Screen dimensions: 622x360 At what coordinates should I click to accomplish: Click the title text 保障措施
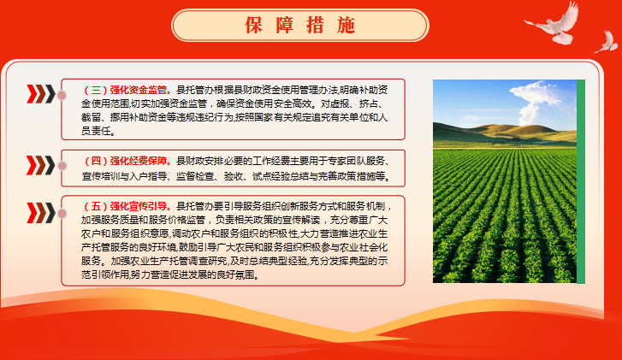click(300, 26)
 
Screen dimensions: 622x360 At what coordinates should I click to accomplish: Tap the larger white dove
click(554, 24)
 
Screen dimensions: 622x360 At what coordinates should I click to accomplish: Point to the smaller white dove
click(607, 41)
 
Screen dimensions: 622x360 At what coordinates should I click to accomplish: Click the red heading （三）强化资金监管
click(127, 90)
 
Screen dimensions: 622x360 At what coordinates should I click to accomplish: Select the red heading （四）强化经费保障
click(127, 161)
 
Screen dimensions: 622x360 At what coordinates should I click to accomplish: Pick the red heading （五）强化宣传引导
click(127, 206)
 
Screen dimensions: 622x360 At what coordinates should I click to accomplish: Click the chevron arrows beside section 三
click(41, 94)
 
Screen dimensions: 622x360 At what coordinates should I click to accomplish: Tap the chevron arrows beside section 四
click(41, 165)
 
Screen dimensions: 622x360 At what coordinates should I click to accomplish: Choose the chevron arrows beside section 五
click(41, 213)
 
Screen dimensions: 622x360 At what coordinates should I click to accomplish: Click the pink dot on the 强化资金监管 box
click(62, 95)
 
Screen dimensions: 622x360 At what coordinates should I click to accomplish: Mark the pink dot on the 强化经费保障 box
click(62, 166)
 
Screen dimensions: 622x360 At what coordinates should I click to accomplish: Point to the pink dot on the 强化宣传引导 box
click(62, 214)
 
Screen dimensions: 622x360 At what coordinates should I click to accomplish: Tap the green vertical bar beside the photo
click(581, 181)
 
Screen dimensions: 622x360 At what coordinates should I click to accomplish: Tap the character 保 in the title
click(253, 26)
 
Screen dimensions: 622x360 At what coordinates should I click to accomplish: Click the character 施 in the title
click(347, 26)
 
